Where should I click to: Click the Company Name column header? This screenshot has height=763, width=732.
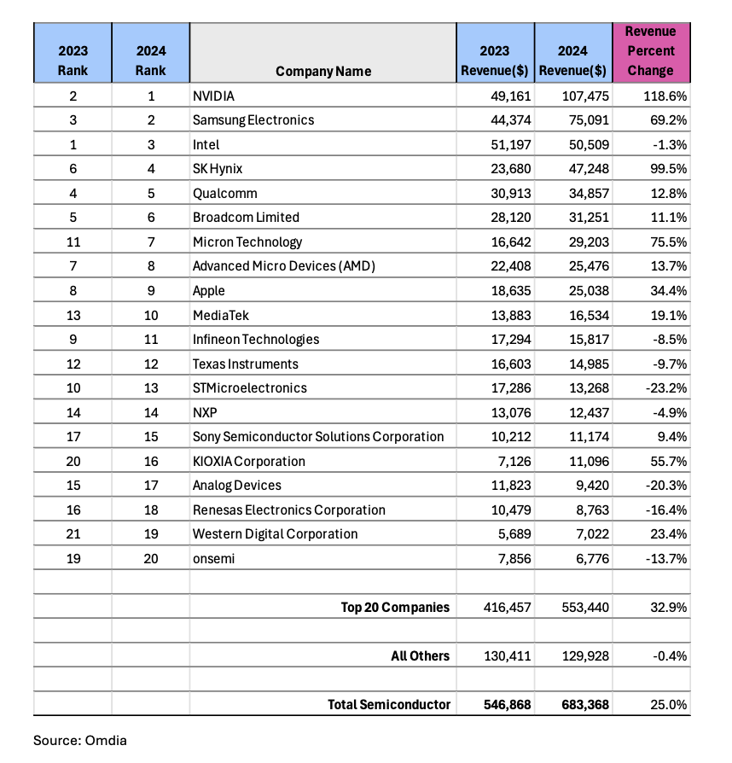323,72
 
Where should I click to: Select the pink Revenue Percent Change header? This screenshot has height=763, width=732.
650,51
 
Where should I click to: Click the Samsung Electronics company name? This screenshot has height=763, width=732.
253,120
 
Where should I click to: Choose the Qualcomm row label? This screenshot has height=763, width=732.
224,193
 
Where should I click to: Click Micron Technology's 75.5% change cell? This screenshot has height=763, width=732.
665,242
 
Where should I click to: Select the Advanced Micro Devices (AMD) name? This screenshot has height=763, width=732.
284,266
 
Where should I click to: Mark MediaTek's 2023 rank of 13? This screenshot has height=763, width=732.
73,315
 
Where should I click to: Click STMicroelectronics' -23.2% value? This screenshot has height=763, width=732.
664,388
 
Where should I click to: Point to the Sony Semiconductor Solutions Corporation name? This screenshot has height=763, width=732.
318,437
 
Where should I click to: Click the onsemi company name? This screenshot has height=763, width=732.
213,558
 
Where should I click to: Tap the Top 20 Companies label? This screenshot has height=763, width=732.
395,608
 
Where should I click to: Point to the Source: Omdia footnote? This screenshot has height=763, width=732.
79,740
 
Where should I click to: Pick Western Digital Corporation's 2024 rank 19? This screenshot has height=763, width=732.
151,534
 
